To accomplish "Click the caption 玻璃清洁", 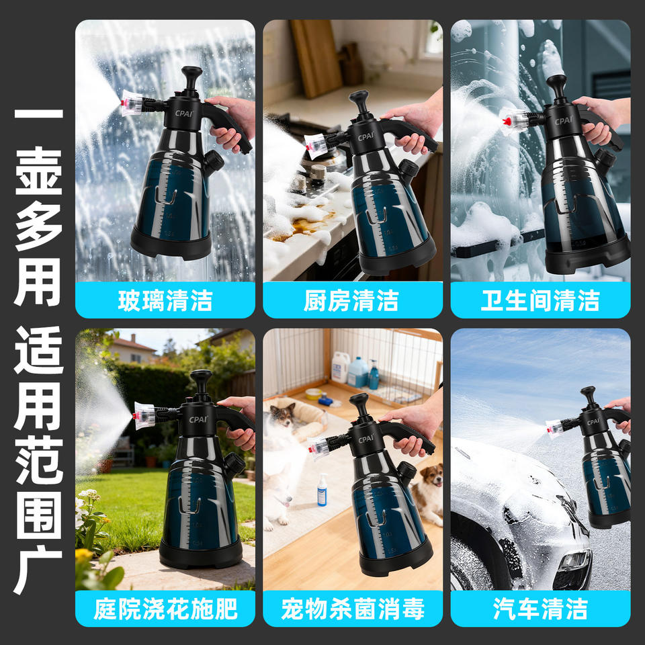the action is coord(165,300).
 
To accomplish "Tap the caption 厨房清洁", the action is coord(352,300).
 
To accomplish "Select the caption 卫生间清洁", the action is coord(540,300).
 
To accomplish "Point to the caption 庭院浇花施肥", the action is coord(165,609).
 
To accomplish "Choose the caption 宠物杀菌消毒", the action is coord(353,609).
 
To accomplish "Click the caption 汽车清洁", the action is coord(540,609).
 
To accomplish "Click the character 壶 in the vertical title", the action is coord(39,171).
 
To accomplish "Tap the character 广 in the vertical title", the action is coord(38,570).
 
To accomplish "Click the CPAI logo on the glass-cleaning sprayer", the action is coord(183,113).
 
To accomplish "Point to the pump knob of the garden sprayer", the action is coord(201,377).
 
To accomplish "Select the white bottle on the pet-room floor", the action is coord(322,490).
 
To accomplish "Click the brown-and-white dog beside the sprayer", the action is coord(428,494).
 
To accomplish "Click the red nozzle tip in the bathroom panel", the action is coord(507,122).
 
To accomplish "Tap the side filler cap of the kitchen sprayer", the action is coord(409,169).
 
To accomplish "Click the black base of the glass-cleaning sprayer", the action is coord(171,246).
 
